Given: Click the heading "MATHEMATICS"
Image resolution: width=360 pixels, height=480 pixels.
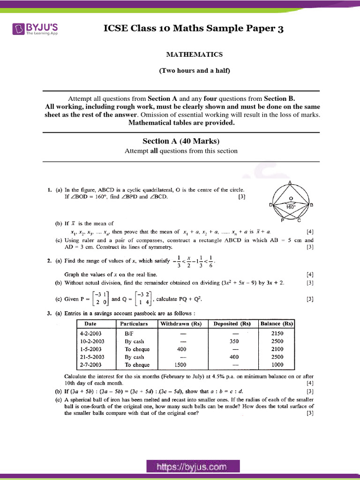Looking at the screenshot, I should point(194,54).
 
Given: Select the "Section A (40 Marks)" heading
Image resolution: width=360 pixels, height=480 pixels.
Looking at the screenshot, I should point(181,141).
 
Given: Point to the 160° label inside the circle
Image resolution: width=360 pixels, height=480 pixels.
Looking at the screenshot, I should point(291,206).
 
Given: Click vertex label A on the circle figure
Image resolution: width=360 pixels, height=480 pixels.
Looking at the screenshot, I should point(291,182).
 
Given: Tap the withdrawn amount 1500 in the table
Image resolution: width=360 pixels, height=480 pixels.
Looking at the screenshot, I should point(181,365).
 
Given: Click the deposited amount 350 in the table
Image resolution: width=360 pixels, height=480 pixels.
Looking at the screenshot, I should point(234,341).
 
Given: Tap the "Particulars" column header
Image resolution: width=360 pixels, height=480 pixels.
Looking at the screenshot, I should point(134,323).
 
